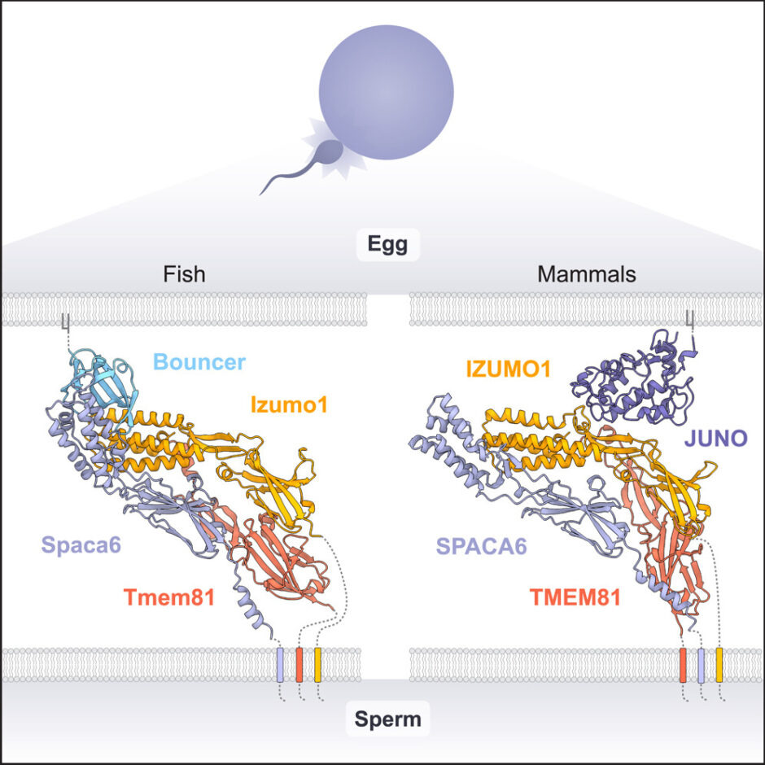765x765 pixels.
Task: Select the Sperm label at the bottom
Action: pos(387,719)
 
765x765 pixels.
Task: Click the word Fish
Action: pos(182,274)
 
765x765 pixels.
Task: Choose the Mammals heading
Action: pos(586,274)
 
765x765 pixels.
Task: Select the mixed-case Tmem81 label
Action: pos(168,598)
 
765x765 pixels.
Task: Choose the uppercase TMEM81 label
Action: pos(575,598)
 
